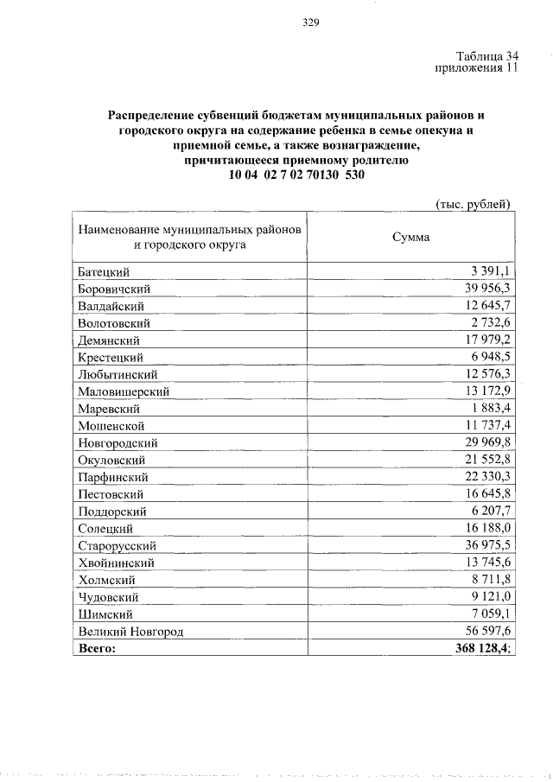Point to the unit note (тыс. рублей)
pos(473,204)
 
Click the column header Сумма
pos(410,238)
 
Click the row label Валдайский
pos(110,306)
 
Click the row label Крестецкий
pos(110,357)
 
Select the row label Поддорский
pos(111,511)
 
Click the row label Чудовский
pos(108,596)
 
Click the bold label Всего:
pos(96,648)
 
